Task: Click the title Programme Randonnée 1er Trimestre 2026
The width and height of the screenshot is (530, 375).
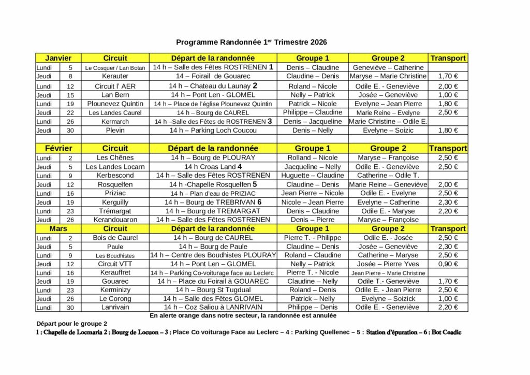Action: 252,42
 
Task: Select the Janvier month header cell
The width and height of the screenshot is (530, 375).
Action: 58,58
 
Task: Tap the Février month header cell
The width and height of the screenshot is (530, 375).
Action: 58,148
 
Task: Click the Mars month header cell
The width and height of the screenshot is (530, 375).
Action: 58,228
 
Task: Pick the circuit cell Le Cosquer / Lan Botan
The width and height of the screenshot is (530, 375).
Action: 115,68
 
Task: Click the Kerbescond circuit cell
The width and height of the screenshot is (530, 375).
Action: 115,176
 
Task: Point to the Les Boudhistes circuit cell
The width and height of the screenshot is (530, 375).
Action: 115,255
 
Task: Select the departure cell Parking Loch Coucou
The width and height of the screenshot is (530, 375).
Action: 213,131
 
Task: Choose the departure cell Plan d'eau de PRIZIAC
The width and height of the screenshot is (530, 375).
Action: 213,193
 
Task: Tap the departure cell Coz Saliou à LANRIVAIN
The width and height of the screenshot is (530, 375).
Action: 213,307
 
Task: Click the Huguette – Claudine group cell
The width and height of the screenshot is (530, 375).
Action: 312,176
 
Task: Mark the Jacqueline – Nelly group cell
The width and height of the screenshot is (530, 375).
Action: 312,167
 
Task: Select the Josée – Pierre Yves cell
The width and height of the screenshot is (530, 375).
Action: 388,264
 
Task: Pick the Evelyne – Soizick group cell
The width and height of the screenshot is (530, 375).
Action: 388,298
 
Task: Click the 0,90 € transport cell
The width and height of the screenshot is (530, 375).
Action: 447,264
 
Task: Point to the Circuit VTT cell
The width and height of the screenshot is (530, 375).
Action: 115,264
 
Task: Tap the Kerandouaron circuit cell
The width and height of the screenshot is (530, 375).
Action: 115,220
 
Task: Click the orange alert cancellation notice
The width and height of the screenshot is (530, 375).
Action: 243,315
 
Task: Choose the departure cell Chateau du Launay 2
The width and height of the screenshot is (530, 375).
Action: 213,86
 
